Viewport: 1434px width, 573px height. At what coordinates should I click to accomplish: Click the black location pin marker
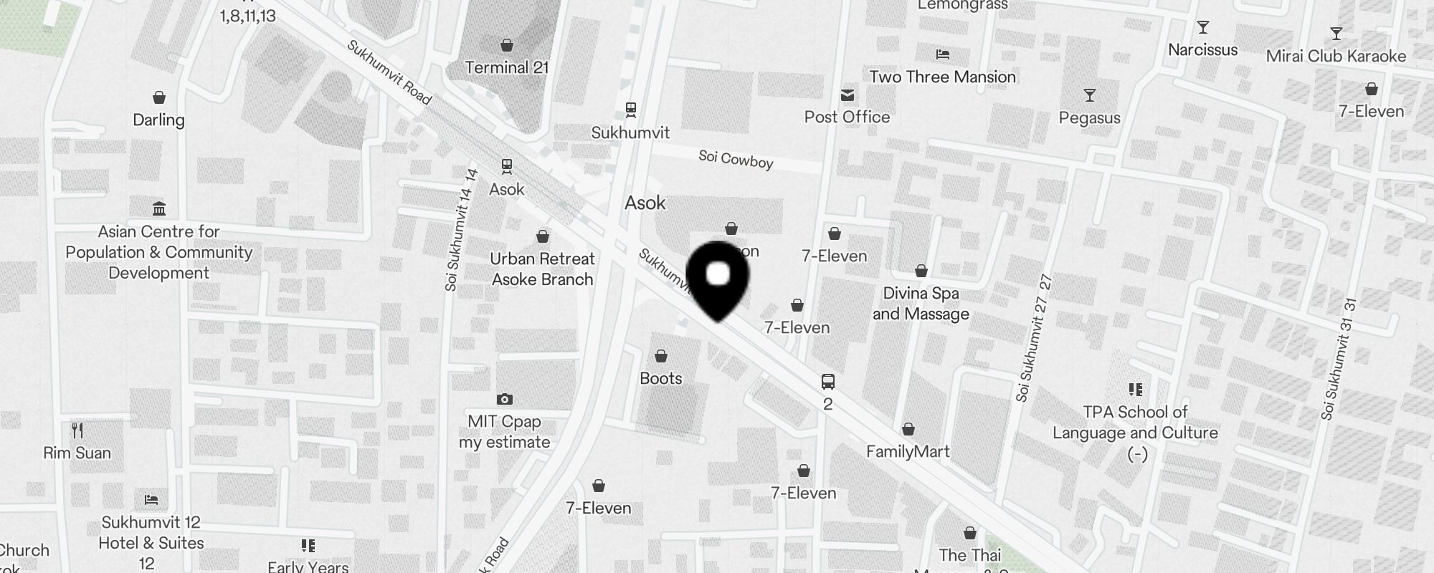[718, 279]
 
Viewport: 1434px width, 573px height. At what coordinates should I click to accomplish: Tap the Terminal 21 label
[507, 67]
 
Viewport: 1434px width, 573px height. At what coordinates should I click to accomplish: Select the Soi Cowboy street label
[736, 159]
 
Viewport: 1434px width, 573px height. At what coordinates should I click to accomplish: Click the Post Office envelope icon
[847, 95]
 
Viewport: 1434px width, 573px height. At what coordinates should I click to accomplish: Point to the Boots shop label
[661, 378]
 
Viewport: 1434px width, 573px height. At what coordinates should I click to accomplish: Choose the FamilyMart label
[908, 451]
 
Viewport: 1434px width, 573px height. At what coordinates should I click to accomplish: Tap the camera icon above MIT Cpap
[505, 399]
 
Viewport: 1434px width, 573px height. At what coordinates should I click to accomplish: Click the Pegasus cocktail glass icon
[1090, 95]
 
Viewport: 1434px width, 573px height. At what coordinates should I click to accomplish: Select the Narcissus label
[1202, 49]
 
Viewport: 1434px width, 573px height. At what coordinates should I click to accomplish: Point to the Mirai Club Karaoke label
[1336, 56]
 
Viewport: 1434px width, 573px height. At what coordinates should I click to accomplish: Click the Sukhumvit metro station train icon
[631, 110]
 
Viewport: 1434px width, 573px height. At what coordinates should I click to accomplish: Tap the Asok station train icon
[507, 167]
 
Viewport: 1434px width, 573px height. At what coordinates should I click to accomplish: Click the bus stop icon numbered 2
[827, 381]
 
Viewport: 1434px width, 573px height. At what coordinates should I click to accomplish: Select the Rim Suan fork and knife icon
[77, 430]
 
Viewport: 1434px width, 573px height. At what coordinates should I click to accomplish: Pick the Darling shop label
[158, 120]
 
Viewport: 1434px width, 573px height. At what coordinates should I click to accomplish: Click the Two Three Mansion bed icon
[943, 54]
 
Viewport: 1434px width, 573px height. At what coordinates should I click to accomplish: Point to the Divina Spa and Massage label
[921, 303]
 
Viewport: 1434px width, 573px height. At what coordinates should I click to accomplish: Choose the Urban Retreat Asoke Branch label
[542, 269]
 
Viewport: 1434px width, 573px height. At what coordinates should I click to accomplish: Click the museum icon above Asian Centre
[159, 208]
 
